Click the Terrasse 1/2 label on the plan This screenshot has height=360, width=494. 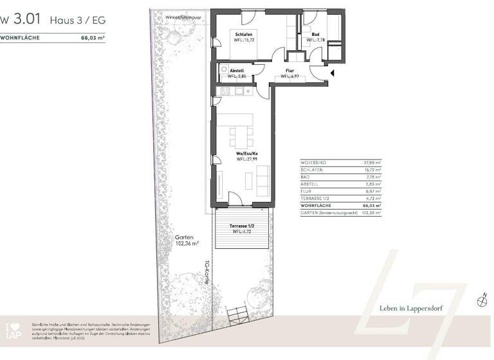click(242, 226)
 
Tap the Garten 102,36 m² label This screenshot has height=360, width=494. click(187, 240)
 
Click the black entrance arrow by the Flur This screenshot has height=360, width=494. click(332, 73)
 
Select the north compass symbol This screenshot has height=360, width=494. click(482, 300)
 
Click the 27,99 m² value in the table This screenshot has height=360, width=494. click(372, 164)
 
